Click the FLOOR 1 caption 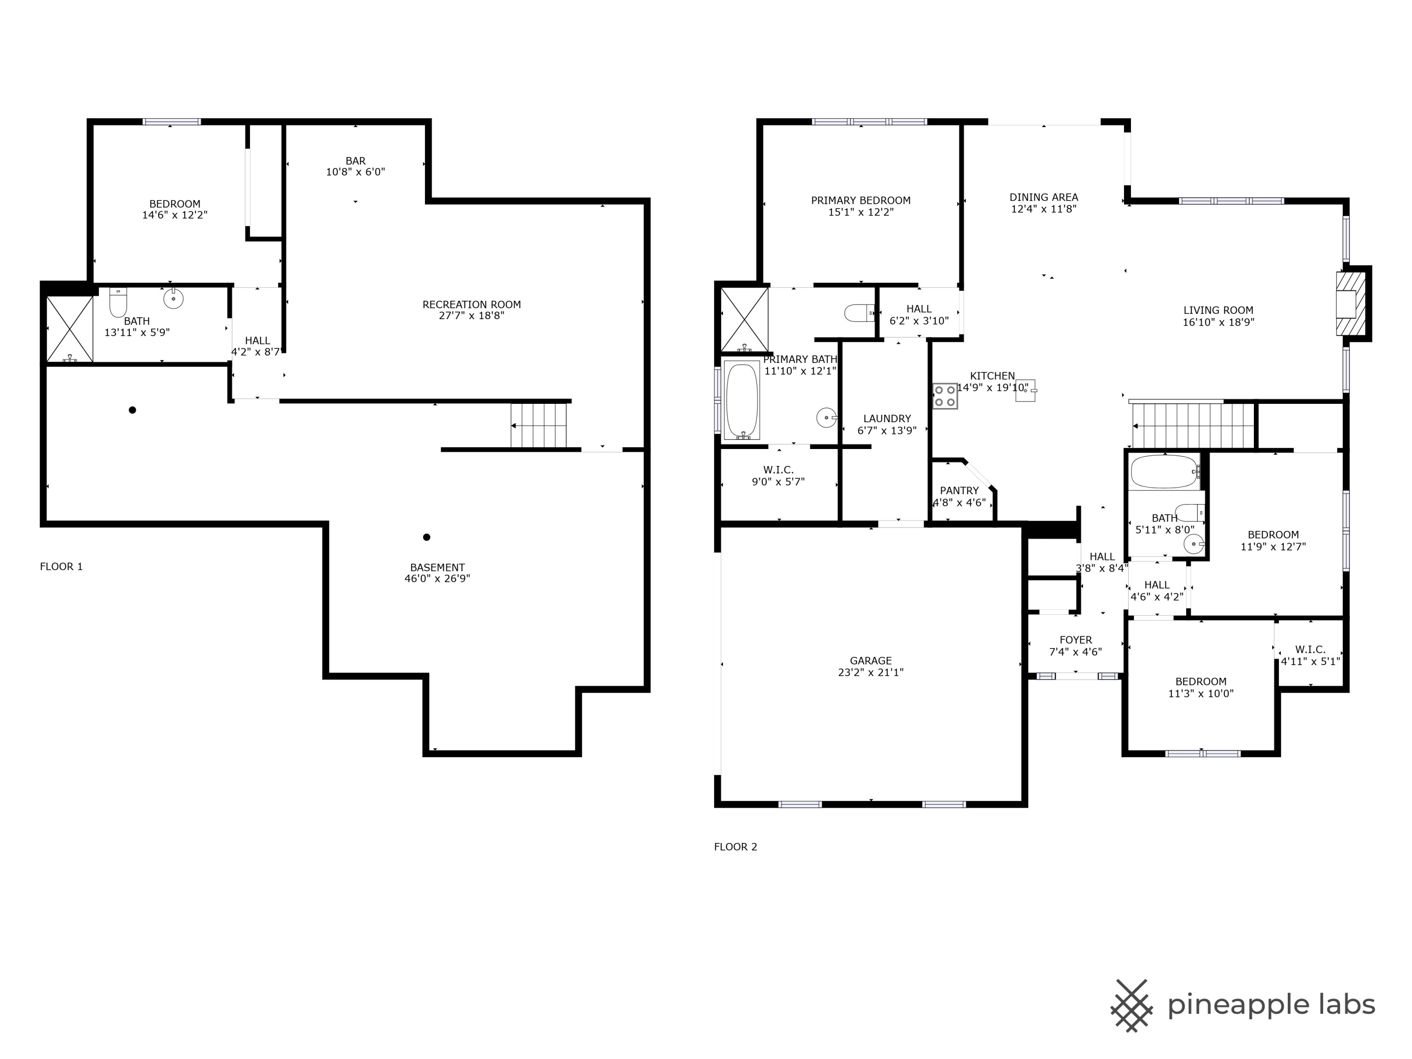(x=61, y=566)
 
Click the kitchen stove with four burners (x=945, y=396)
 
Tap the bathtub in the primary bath (x=742, y=400)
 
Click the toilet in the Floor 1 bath (x=118, y=303)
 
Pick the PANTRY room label (x=959, y=490)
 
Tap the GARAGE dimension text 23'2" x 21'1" (x=871, y=672)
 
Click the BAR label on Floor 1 (x=355, y=161)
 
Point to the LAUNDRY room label (x=887, y=419)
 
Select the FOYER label (x=1075, y=640)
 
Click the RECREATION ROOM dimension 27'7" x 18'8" (x=472, y=315)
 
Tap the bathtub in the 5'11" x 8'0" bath (x=1165, y=472)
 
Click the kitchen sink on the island (x=1025, y=390)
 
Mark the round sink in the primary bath (x=826, y=418)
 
